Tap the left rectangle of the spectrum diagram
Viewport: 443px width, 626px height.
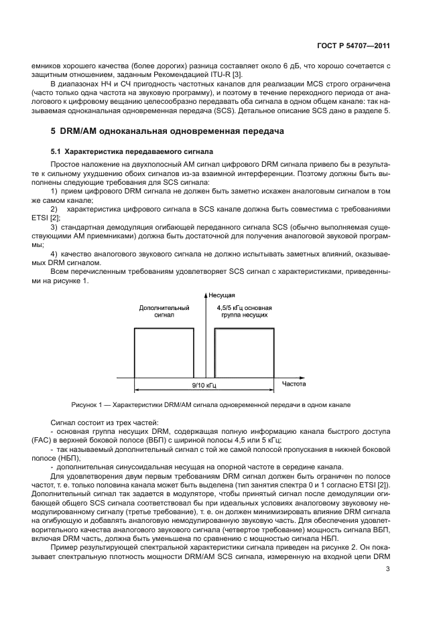(164, 352)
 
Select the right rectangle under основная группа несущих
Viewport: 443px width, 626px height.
(243, 352)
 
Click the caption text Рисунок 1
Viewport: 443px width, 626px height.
(90, 405)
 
